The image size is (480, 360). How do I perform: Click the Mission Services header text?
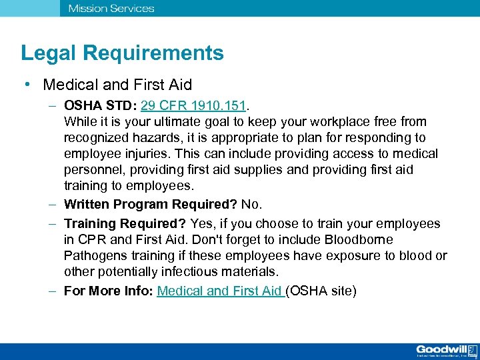click(x=111, y=9)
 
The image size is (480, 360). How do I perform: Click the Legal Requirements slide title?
click(x=122, y=53)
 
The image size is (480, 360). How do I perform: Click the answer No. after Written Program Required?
click(x=252, y=205)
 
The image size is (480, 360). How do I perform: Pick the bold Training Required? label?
click(x=125, y=223)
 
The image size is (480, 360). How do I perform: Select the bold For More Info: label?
click(x=109, y=291)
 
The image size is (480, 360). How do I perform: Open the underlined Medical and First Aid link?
click(x=220, y=291)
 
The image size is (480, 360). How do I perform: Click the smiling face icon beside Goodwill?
click(x=472, y=350)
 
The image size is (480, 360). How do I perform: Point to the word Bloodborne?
click(x=359, y=239)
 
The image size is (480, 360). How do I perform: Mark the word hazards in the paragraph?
click(x=152, y=137)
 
